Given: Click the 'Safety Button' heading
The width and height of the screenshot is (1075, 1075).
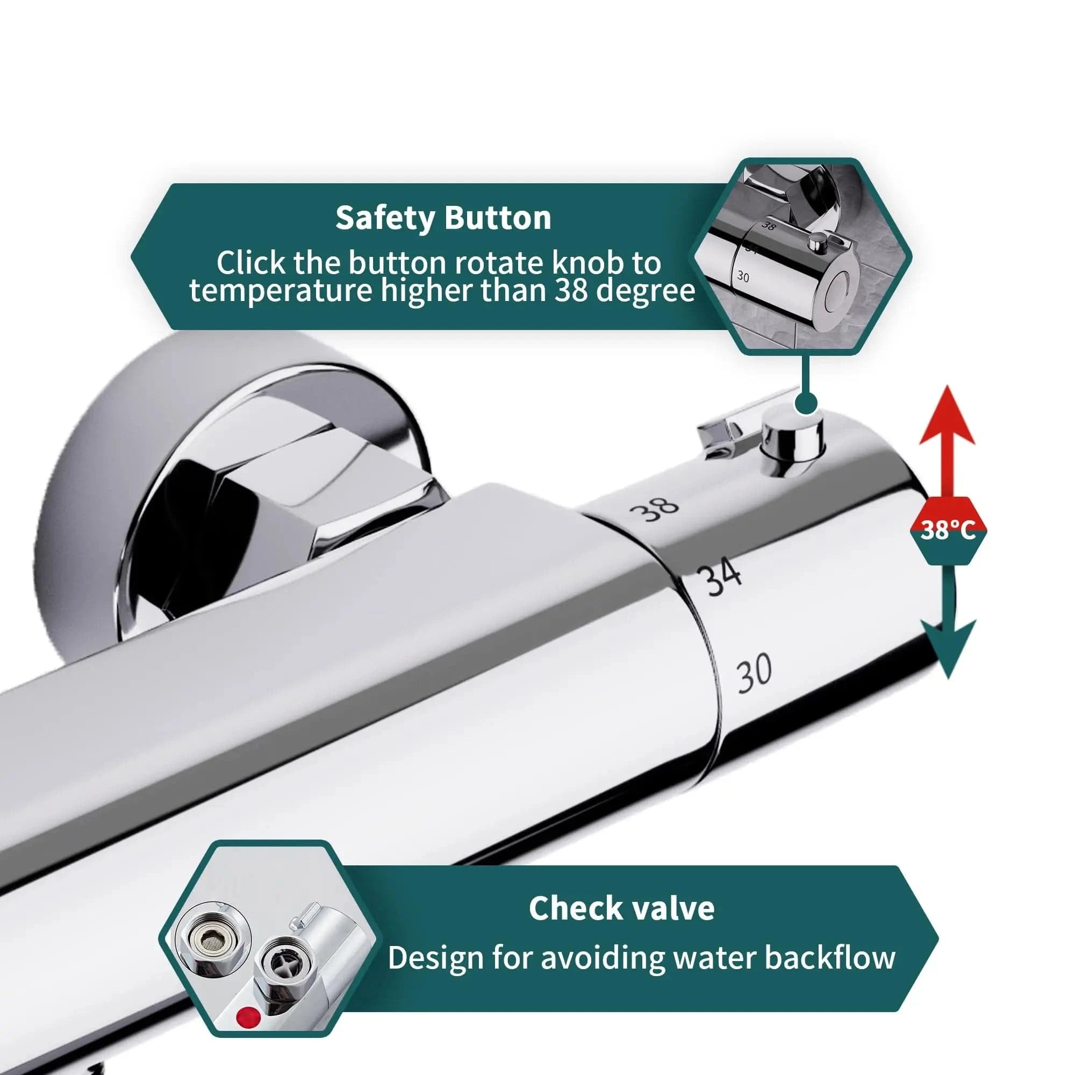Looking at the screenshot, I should (x=443, y=218).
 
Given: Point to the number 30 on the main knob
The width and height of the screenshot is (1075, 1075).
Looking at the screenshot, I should (x=754, y=674).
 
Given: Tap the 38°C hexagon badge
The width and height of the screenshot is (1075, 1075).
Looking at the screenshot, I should (x=948, y=531).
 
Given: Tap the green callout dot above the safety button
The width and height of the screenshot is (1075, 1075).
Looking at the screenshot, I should (x=806, y=402).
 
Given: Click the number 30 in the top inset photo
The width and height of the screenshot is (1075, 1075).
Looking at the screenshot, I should (x=743, y=275).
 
